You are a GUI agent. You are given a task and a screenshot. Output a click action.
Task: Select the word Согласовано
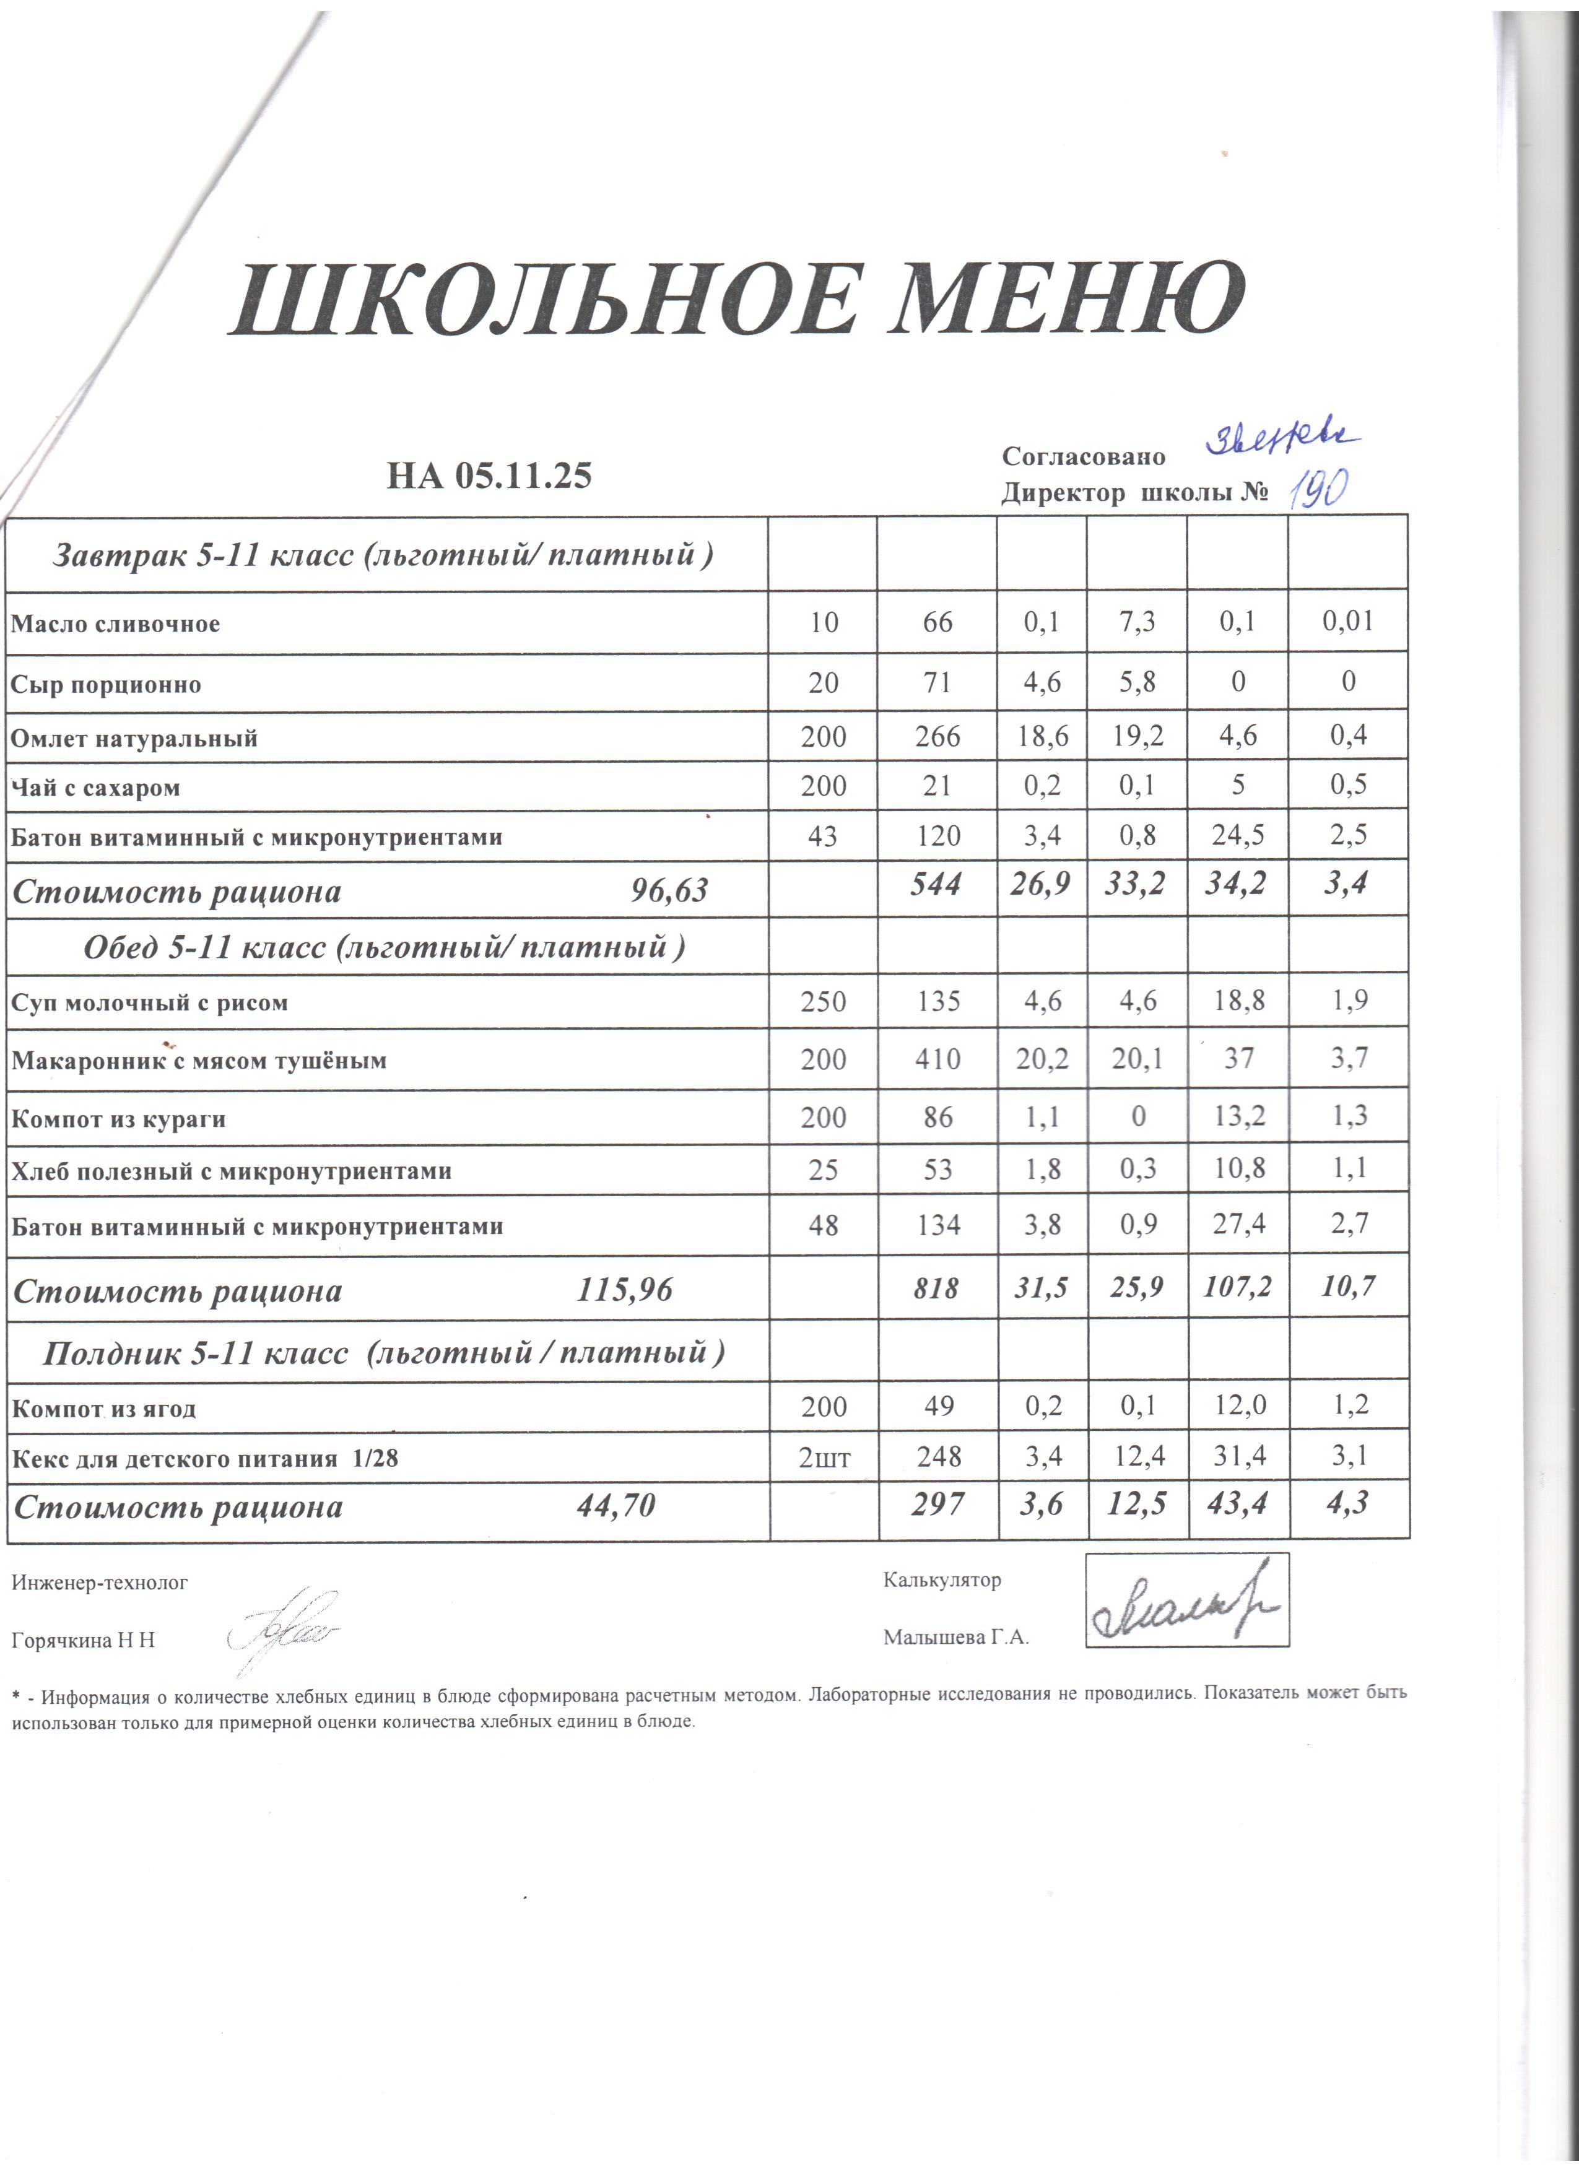[x=1083, y=456]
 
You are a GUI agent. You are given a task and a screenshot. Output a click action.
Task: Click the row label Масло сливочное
[x=115, y=624]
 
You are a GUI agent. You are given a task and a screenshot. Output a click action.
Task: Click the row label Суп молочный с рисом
[x=149, y=1002]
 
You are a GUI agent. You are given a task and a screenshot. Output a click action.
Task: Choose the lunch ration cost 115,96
[x=624, y=1290]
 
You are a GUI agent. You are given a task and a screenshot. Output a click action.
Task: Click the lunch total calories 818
[x=936, y=1288]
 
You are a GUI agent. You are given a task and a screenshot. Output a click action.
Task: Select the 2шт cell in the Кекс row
[x=824, y=1457]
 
